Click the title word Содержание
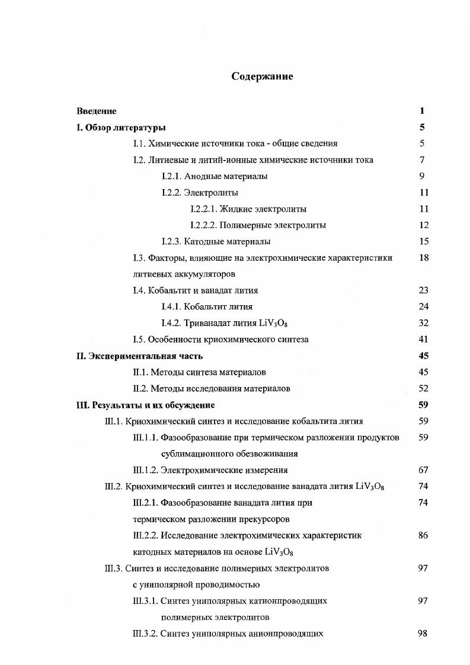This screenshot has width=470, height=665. pyautogui.click(x=262, y=76)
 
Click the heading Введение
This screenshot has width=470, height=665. pyautogui.click(x=97, y=111)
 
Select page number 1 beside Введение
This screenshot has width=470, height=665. pyautogui.click(x=422, y=111)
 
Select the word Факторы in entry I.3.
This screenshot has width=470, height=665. pyautogui.click(x=166, y=258)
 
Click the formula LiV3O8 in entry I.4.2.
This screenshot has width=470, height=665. pyautogui.click(x=274, y=324)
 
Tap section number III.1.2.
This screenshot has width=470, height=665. pyautogui.click(x=145, y=471)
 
